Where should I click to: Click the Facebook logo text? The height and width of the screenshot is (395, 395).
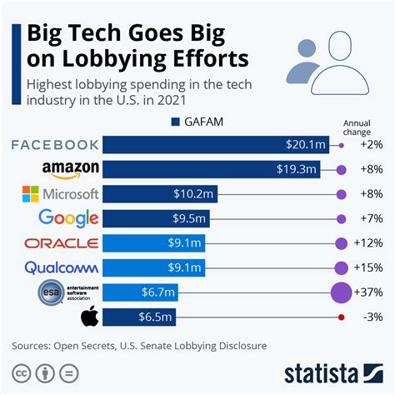point(55,145)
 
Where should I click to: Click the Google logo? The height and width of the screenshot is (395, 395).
point(69,219)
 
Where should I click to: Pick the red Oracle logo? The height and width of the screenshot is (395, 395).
point(62,243)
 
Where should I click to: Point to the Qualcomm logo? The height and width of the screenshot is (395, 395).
point(62,267)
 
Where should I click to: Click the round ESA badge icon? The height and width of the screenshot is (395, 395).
point(50,292)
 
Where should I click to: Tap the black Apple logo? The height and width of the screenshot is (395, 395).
point(89,317)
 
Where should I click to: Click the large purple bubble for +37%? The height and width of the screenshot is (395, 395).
point(341,292)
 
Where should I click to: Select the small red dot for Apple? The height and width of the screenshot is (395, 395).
point(341,317)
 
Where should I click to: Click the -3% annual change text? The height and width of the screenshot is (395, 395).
point(370,317)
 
